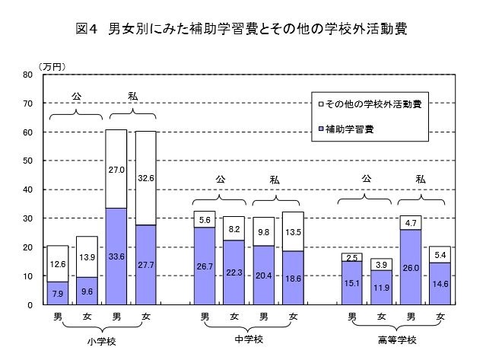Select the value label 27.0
point(116,170)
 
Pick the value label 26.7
point(205,267)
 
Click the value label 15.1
point(352,282)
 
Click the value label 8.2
point(234,228)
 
